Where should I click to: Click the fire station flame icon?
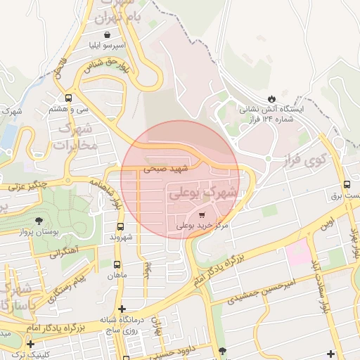point(273,97)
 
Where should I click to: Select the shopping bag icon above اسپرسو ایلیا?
point(107,34)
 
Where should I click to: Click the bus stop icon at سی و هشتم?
point(68,98)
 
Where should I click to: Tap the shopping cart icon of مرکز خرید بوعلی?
point(202,214)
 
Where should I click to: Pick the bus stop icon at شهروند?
point(120,226)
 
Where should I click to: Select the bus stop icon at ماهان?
point(117,264)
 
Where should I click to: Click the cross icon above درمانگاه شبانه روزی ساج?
point(122,309)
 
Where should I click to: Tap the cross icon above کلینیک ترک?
point(30,344)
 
